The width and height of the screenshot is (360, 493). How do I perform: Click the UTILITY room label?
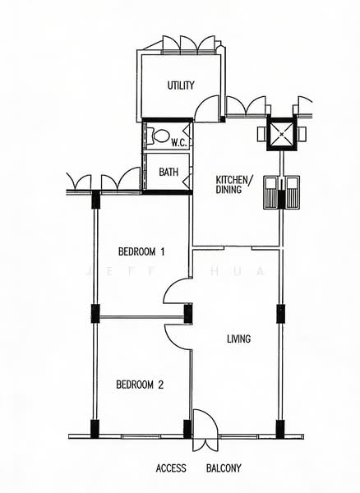[x=180, y=85]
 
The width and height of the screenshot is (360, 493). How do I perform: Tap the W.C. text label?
[x=178, y=142]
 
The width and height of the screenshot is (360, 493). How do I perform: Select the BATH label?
[x=168, y=173]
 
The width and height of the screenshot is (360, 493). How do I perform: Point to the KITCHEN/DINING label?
[x=234, y=184]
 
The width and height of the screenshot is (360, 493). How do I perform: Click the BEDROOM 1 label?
[x=141, y=251]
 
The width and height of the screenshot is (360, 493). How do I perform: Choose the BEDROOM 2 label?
[x=140, y=384]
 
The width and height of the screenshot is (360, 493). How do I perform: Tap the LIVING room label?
[x=238, y=339]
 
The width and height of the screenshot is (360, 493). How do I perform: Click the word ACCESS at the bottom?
[x=172, y=468]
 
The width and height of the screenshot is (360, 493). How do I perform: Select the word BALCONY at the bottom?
[x=224, y=468]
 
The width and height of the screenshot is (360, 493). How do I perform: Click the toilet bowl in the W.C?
[x=160, y=136]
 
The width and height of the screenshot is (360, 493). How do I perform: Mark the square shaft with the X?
[x=282, y=133]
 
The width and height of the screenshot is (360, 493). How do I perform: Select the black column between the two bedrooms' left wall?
[x=95, y=313]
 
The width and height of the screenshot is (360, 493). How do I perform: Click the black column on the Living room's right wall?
[x=280, y=313]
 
